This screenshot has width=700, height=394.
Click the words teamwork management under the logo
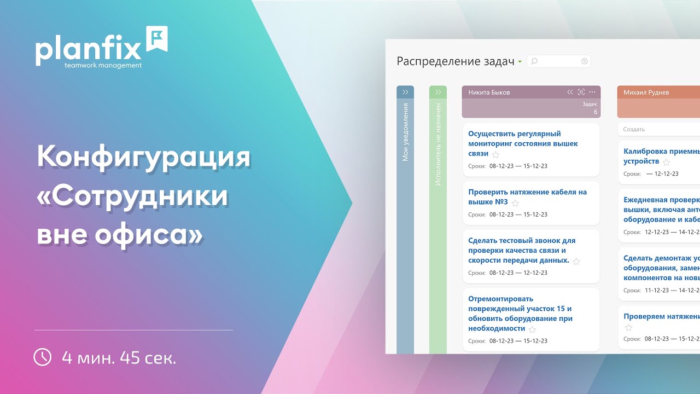pos(103,65)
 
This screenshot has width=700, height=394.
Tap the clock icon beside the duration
pos(43,357)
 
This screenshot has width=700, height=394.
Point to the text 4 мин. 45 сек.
pos(119,358)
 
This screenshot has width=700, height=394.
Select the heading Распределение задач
pos(456,61)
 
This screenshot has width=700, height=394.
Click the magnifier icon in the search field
pos(534,61)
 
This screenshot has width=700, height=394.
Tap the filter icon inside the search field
pos(584,61)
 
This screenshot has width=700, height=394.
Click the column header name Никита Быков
pos(489,92)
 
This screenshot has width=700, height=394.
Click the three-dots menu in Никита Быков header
pos(592,92)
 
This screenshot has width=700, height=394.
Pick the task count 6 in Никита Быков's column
pos(596,112)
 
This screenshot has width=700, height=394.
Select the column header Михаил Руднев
pos(646,92)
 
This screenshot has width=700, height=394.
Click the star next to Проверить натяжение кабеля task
pos(515,203)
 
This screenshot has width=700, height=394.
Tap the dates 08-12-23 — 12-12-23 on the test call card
pos(518,273)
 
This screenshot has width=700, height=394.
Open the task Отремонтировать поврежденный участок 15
pos(520,313)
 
